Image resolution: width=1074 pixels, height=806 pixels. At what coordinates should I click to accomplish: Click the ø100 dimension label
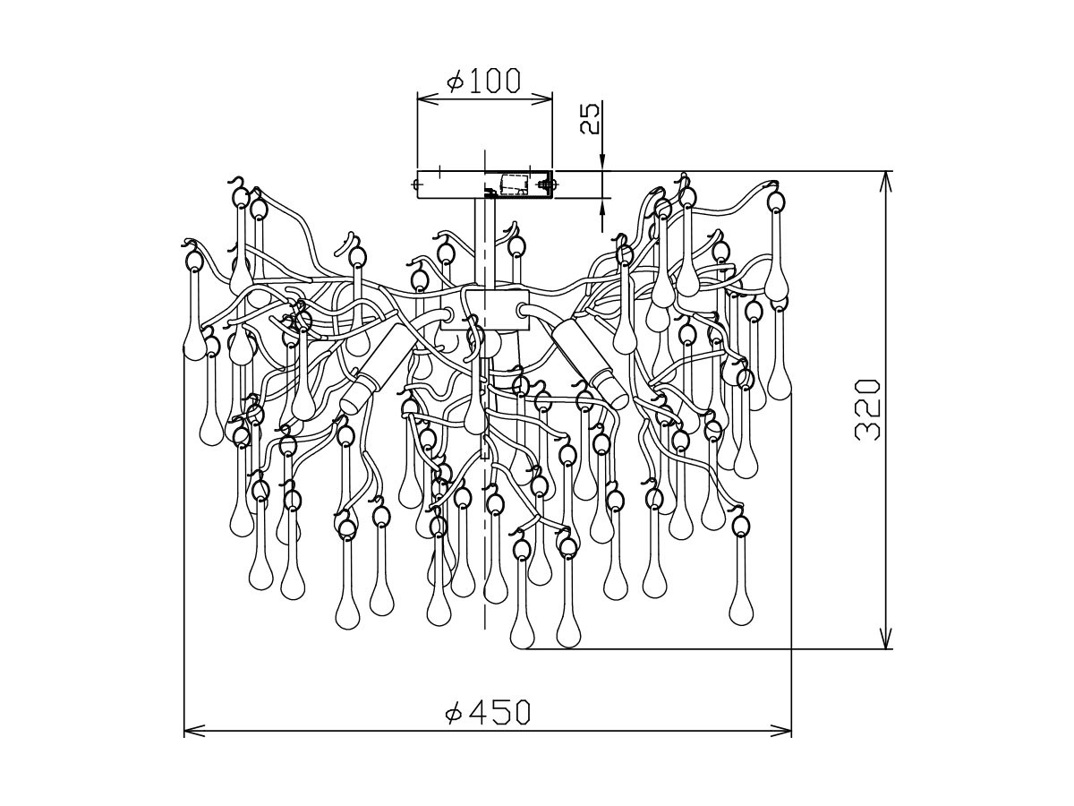point(482,81)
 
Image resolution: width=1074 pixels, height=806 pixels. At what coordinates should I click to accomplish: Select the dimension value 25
point(589,118)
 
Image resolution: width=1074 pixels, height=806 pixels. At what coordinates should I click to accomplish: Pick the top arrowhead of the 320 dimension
point(886,181)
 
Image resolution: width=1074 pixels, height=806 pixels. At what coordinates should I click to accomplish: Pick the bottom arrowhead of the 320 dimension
point(886,639)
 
